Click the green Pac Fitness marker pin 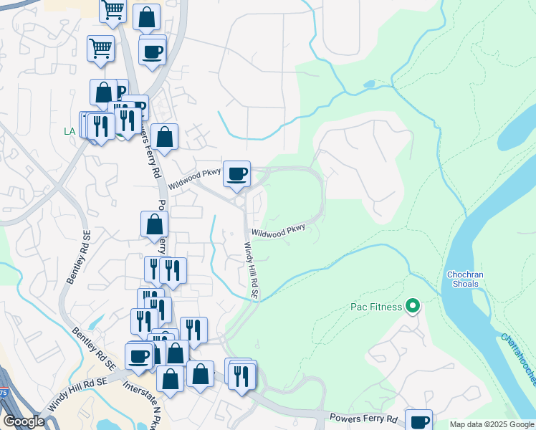point(412,307)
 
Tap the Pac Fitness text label point(376,307)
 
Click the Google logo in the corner point(24,421)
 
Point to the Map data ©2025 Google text point(492,424)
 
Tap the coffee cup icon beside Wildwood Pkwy point(236,173)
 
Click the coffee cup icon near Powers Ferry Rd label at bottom point(418,421)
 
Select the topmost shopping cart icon point(113,11)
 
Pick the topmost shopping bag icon point(146,18)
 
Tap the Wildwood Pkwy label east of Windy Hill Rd point(278,231)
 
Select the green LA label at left point(70,131)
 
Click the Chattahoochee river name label point(517,358)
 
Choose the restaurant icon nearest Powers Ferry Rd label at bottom point(243,376)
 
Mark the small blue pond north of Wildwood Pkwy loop point(369,85)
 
